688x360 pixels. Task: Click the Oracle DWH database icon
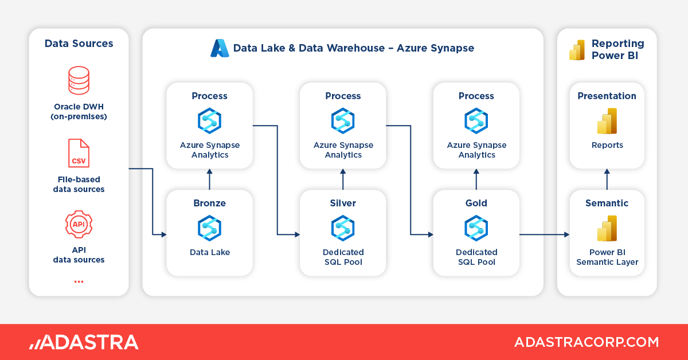(79, 80)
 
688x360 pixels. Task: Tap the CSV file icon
(79, 153)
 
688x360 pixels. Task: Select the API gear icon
(79, 224)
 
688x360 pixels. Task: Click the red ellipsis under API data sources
(79, 281)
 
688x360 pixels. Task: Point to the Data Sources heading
(79, 44)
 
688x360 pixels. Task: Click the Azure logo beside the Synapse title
(220, 48)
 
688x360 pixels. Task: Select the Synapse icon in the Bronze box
(209, 228)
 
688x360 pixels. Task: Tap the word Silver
(343, 203)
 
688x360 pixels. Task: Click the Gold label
(476, 203)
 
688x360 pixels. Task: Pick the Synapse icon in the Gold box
(476, 228)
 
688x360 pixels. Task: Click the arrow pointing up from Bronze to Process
(209, 179)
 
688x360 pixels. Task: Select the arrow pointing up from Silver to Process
(343, 179)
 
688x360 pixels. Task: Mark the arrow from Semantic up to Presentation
(607, 179)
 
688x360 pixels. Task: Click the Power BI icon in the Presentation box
(607, 121)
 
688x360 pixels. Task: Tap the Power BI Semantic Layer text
(607, 257)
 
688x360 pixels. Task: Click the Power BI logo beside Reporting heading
(577, 50)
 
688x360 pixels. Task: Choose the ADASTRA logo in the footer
(84, 342)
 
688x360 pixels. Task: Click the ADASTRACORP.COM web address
(586, 342)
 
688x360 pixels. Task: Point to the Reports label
(607, 145)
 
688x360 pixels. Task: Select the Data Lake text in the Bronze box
(209, 252)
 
